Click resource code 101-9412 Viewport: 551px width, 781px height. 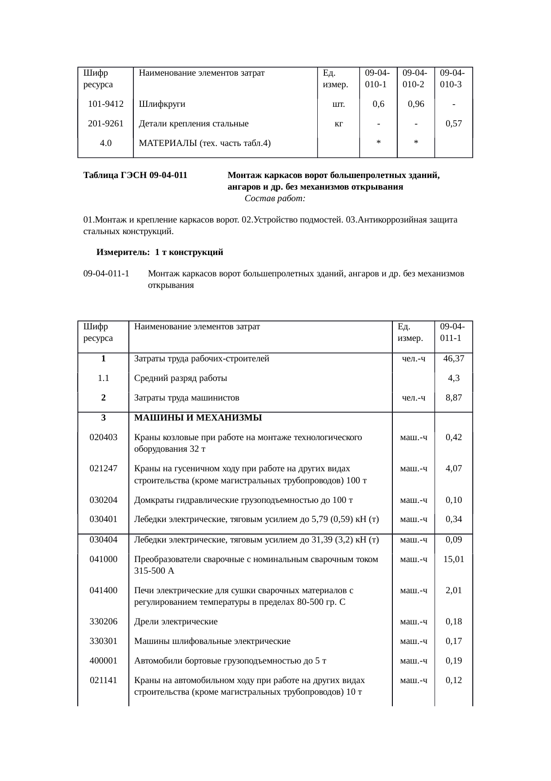coord(106,105)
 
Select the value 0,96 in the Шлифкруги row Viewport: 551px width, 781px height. coord(415,105)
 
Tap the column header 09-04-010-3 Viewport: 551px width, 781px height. coord(453,78)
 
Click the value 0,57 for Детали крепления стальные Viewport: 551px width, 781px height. coord(453,124)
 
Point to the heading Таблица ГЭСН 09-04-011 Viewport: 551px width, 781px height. coord(135,175)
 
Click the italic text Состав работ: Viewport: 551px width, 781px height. coord(275,198)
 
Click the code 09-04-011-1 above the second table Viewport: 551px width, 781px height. coord(106,274)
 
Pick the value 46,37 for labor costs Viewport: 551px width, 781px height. coord(453,359)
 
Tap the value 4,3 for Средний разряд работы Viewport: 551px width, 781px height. coord(453,378)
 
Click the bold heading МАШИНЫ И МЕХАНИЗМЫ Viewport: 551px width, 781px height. coord(198,418)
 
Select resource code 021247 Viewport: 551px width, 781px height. coord(104,469)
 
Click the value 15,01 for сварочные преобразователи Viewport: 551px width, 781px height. coord(453,559)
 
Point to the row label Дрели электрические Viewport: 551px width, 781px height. coord(176,622)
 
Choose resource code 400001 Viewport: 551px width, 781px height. coord(104,661)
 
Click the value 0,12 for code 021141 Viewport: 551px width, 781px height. coord(453,680)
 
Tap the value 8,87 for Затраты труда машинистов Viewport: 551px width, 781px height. coord(453,398)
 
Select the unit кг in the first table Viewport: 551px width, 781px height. coord(338,124)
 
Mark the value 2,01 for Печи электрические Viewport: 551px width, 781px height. coord(453,591)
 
